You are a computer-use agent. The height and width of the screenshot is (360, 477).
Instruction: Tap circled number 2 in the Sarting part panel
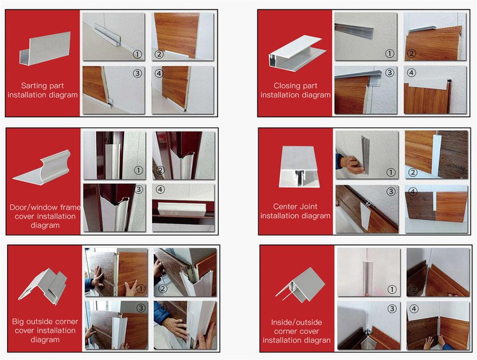[159, 55]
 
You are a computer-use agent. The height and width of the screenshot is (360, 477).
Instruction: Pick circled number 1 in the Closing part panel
[390, 54]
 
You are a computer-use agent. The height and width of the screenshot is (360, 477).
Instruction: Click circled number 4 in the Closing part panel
[411, 73]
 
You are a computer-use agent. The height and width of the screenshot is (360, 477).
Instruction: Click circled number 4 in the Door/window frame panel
[159, 190]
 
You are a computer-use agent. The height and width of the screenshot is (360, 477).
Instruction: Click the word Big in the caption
[20, 321]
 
